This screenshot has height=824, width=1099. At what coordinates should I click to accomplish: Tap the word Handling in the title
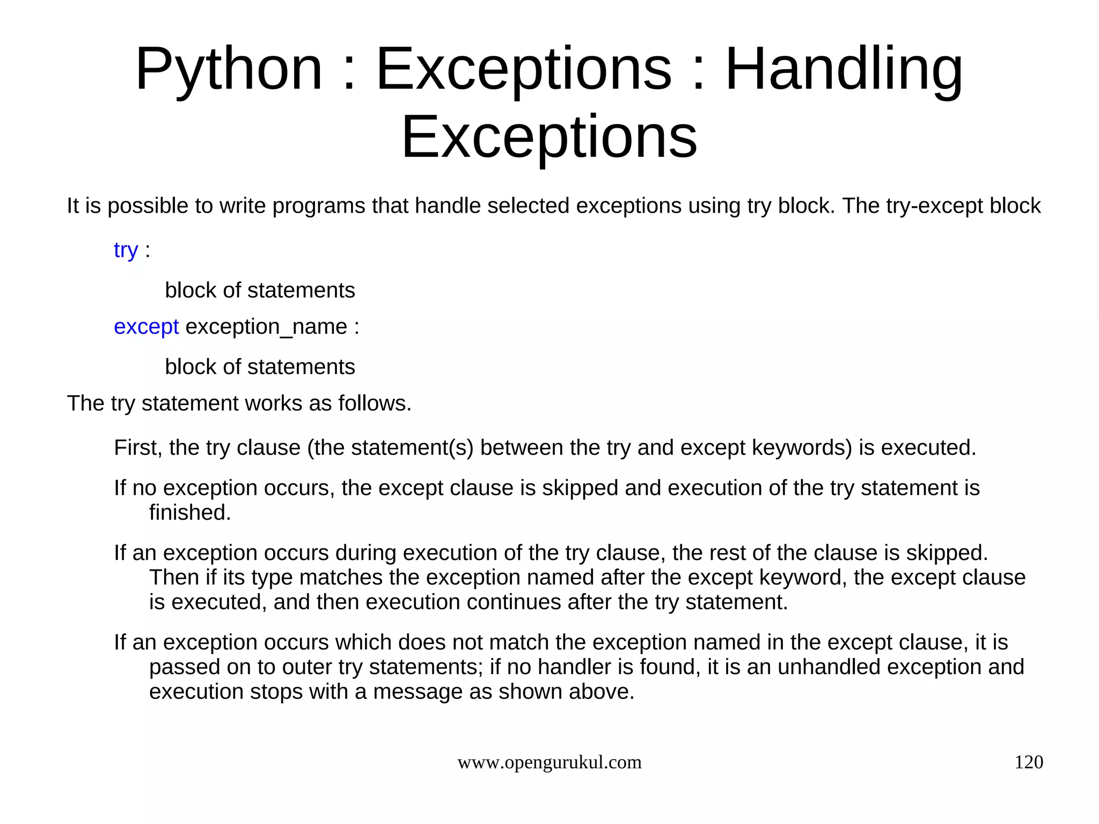coord(844,70)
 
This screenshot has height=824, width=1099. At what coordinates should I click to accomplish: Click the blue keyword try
coord(126,250)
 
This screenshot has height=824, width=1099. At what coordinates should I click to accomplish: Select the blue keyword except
coord(146,326)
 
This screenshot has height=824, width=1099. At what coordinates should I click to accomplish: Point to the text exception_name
coord(266,326)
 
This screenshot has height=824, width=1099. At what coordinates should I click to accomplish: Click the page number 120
coord(1028,762)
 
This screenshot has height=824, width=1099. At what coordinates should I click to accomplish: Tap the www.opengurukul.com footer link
coord(549,762)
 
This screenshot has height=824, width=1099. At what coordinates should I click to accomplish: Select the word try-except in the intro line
coord(934,206)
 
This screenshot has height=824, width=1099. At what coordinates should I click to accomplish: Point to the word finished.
coord(190,513)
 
